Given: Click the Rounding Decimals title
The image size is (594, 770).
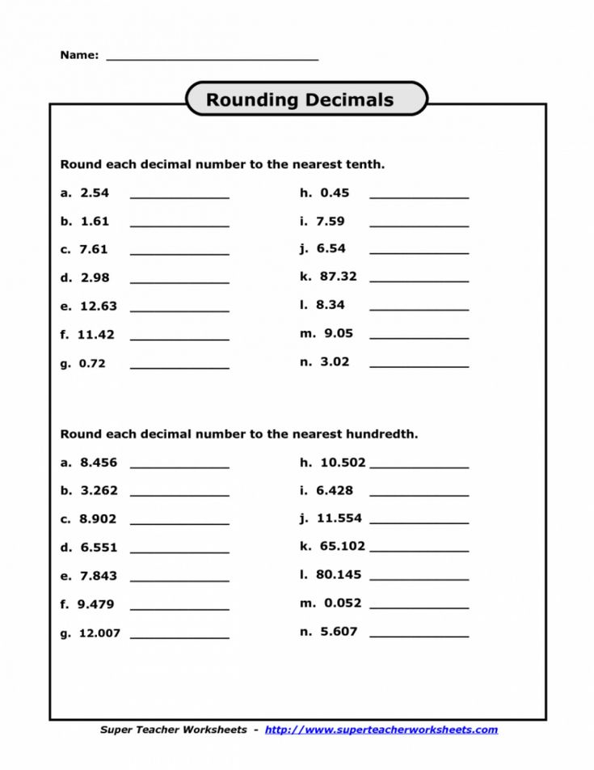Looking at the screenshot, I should pos(300,99).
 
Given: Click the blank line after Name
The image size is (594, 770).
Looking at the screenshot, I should pos(212,57).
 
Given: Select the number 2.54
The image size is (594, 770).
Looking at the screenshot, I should pos(95,192).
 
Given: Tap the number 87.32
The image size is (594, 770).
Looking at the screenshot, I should pos(338,276).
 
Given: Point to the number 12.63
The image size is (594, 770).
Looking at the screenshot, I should pos(99,306).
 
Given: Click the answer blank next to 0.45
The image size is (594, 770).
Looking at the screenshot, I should pos(419,196).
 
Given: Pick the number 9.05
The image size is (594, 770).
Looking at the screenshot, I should pos(339,332).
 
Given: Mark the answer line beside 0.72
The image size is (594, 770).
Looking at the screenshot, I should pos(179,366).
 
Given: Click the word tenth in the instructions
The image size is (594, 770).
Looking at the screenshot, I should pos(364,164).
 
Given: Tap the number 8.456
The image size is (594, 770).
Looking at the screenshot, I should pos(99,463).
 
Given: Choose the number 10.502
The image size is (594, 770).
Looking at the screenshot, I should pos(343,463).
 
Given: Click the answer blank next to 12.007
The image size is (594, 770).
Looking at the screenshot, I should pos(179,637).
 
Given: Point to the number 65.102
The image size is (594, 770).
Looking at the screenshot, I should pos(343,546).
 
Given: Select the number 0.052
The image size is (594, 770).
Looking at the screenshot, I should pos(343,603).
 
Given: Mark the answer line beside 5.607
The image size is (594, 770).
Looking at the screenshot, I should pos(419,635).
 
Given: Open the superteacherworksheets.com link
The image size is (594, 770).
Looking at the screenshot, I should pos(381,730).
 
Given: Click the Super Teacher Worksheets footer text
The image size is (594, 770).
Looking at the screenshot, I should pos(173,730).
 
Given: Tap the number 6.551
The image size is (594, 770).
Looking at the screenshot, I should pos(99,548).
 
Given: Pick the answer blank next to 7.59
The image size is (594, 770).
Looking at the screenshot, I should pos(419,224).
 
